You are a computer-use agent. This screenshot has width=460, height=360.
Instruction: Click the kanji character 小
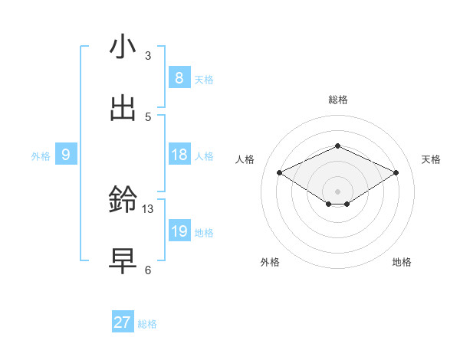[x=123, y=47]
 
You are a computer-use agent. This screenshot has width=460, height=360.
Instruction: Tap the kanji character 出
[x=123, y=109]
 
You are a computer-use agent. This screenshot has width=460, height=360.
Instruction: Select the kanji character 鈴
[x=123, y=201]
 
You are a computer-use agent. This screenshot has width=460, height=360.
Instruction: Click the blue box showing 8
[x=179, y=77]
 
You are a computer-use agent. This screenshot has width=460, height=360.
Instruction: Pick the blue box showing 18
[x=179, y=155]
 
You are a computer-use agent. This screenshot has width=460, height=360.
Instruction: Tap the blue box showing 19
[x=179, y=231]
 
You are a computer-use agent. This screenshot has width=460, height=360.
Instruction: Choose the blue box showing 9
[x=66, y=155]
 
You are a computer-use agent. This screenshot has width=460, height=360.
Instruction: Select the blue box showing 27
[x=123, y=322]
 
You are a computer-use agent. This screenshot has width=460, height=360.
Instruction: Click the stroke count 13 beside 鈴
[x=148, y=208]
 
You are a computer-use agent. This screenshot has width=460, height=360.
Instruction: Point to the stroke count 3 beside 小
[x=148, y=55]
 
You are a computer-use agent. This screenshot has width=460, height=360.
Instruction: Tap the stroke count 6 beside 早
[x=148, y=270]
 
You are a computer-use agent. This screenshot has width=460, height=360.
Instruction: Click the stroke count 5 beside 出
[x=148, y=116]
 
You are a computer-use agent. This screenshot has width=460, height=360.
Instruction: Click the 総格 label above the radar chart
[x=337, y=100]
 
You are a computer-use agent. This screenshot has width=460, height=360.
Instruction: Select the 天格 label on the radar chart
[x=431, y=159]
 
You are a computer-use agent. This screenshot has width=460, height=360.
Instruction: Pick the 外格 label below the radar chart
[x=270, y=262]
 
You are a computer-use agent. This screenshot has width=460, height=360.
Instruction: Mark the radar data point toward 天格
[x=396, y=173]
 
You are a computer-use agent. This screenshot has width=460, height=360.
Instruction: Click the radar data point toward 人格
[x=280, y=173]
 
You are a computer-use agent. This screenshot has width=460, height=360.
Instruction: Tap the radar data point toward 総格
[x=337, y=146]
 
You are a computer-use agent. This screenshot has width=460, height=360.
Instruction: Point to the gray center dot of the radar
[x=337, y=191]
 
